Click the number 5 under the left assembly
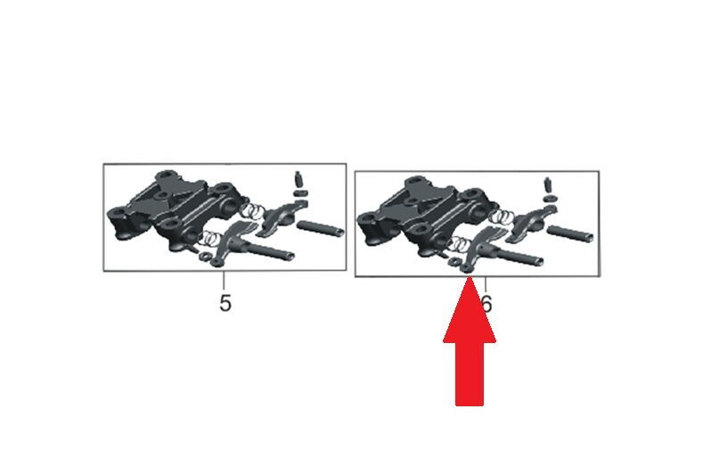[x=225, y=303]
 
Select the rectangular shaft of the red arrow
[x=470, y=374]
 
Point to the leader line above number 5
[x=224, y=281]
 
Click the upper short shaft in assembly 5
[x=320, y=227]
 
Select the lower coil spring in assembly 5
[x=212, y=238]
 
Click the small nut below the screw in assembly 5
[x=300, y=192]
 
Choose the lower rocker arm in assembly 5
[x=234, y=242]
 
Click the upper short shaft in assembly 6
[x=570, y=233]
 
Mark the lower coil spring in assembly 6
[x=462, y=243]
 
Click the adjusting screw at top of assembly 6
[x=548, y=184]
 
